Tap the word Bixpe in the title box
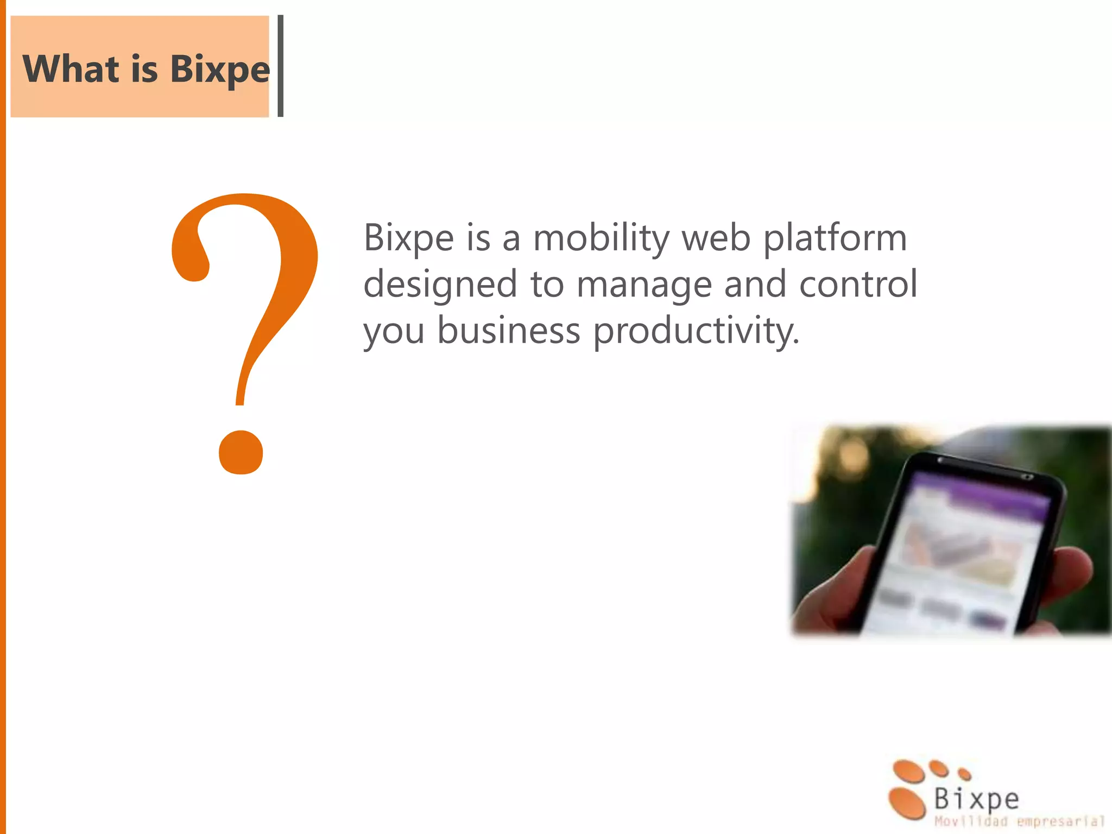(219, 69)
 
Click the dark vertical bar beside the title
(280, 66)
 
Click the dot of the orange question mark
(241, 452)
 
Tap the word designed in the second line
(440, 285)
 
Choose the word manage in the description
(643, 285)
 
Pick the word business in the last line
(509, 331)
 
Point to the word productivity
(696, 331)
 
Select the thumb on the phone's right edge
(1064, 576)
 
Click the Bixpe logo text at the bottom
(976, 799)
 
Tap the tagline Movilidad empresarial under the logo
(1019, 822)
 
